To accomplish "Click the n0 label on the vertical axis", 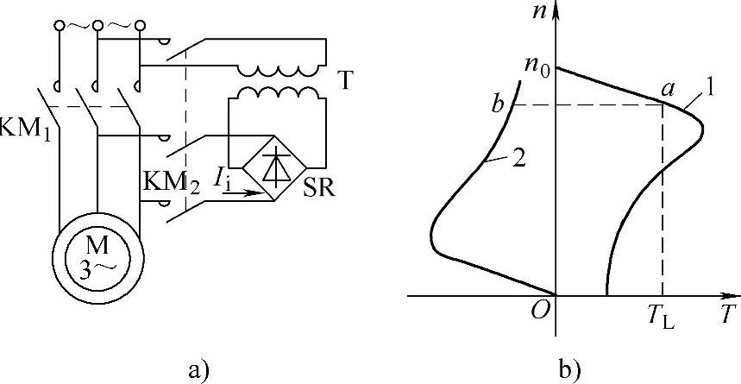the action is [536, 66].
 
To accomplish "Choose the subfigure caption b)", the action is [568, 371].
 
